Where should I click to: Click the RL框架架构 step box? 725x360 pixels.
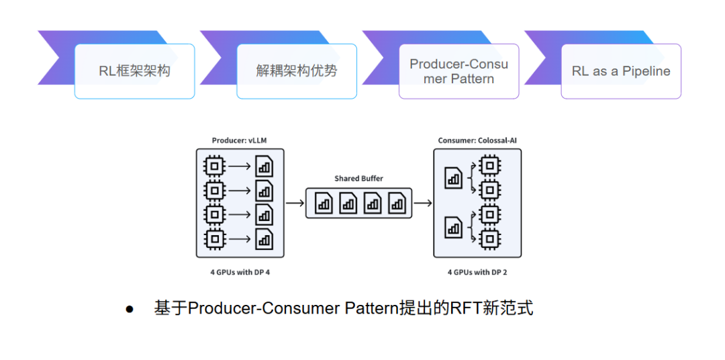134,71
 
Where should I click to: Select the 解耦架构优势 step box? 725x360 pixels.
297,71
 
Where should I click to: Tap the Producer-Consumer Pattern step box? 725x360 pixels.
459,71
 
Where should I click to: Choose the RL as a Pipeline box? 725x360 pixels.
621,71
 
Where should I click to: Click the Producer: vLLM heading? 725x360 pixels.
240,140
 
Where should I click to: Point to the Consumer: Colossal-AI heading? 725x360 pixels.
477,140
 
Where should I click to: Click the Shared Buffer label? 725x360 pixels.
358,179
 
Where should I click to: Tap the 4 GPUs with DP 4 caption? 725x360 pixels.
240,272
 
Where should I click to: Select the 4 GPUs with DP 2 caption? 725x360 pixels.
477,272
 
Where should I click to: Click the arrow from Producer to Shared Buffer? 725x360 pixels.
295,203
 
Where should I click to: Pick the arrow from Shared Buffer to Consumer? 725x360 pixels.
423,203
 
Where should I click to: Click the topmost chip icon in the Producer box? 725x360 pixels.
214,166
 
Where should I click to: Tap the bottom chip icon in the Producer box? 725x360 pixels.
214,238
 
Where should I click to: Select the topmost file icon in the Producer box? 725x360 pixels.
264,166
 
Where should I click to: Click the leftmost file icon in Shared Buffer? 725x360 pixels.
324,203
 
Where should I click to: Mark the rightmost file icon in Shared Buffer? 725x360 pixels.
397,203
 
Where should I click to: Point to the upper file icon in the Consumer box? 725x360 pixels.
453,178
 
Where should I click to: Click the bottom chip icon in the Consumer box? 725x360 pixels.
490,238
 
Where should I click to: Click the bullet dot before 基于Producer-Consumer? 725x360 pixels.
130,309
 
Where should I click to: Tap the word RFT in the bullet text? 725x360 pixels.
465,308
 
